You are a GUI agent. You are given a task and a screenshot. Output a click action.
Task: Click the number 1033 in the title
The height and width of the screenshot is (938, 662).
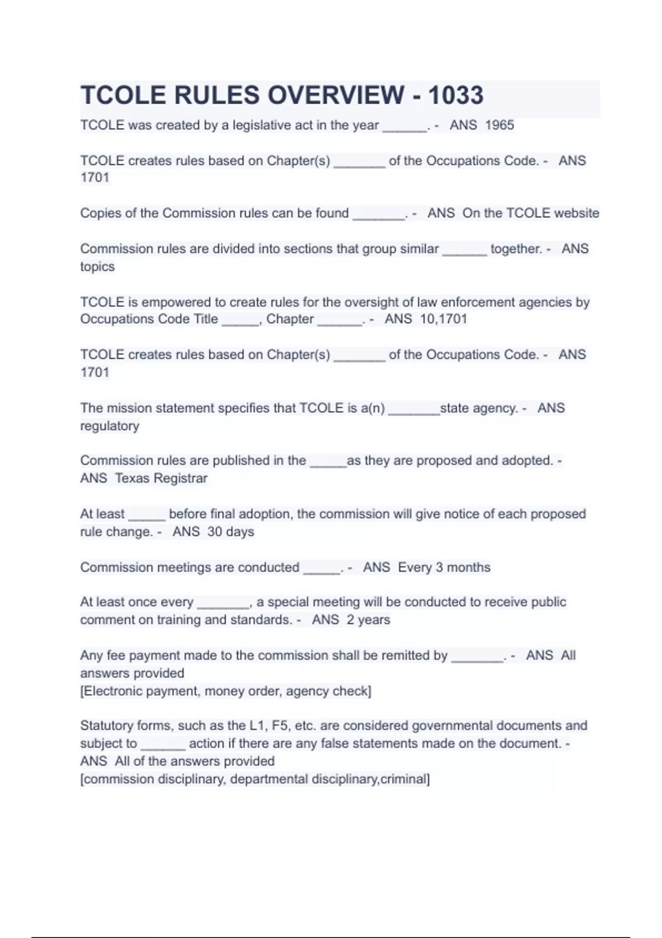456,95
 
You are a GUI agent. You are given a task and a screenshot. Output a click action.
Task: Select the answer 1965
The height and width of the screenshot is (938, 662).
499,125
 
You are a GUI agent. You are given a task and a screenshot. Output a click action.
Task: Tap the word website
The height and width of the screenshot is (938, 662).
576,213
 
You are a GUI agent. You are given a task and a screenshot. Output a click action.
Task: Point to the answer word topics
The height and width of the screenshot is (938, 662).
97,267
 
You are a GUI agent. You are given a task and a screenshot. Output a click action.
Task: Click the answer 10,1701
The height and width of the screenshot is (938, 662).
444,319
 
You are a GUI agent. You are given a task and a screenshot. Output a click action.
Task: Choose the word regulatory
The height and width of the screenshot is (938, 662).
109,426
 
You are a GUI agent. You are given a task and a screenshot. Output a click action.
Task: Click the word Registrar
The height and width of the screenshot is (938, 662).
180,478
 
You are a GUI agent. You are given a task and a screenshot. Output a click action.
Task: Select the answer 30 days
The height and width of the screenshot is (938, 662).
231,531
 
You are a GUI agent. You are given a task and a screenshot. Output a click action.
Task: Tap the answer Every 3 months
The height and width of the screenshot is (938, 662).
444,567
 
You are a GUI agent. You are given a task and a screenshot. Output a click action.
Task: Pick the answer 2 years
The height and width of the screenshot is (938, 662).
368,620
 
